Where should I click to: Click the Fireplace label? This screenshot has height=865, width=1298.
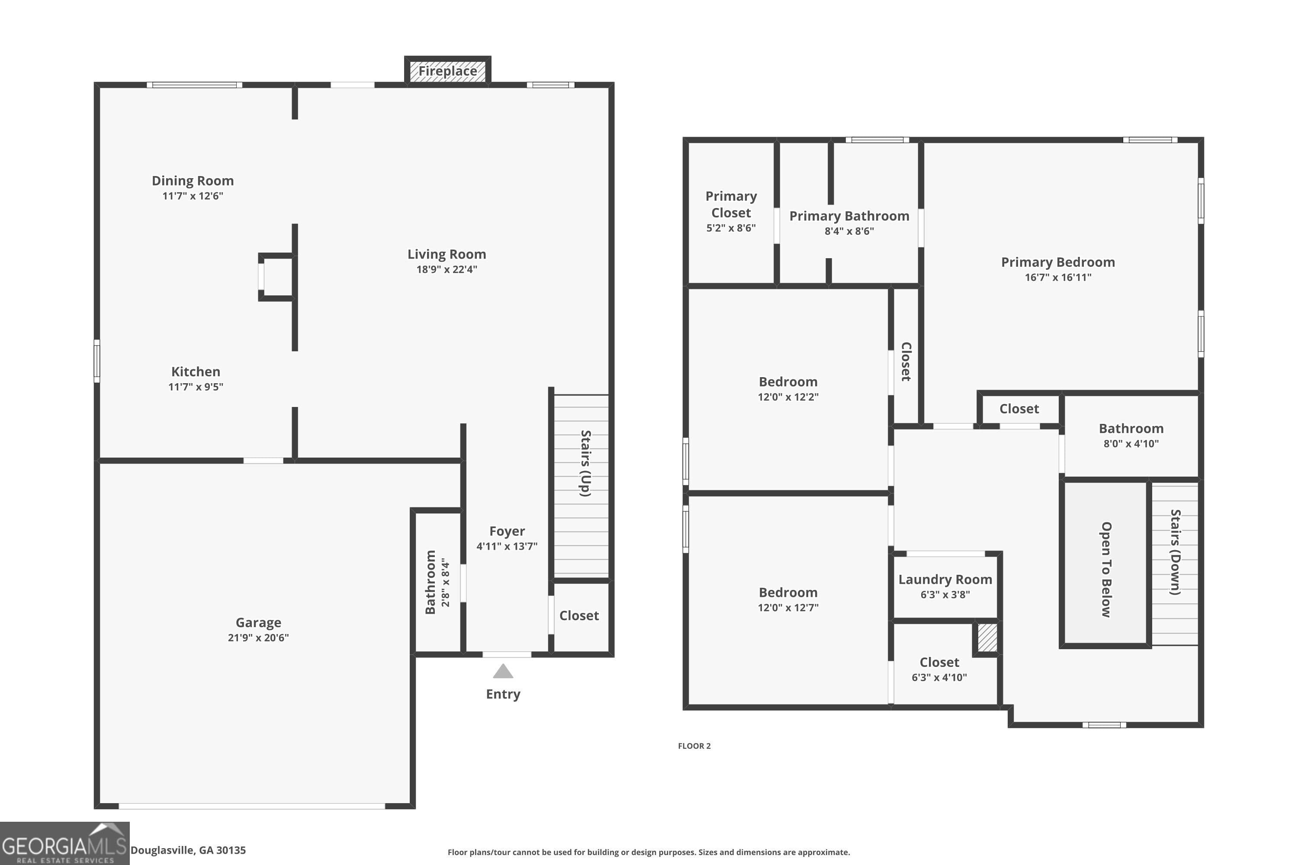[x=447, y=71]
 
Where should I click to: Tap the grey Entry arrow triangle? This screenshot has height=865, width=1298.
[x=503, y=671]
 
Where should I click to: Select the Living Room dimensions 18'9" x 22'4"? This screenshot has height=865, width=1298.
[x=447, y=269]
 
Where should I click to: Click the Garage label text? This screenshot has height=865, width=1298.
[x=258, y=622]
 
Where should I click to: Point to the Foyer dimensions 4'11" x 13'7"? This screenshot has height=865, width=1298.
[x=507, y=546]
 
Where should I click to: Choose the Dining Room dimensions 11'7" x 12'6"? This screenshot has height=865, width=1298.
[x=193, y=196]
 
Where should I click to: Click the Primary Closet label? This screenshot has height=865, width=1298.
[x=731, y=204]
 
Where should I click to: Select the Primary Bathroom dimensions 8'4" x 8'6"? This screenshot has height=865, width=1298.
[x=849, y=231]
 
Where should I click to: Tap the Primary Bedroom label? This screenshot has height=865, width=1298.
[x=1058, y=262]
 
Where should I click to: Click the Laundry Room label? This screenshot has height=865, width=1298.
[x=945, y=579]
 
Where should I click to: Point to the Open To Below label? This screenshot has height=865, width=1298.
[x=1106, y=569]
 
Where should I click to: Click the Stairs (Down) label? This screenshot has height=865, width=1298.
[x=1176, y=552]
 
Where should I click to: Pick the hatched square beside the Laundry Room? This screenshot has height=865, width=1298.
[x=987, y=638]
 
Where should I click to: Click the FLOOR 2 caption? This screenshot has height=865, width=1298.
[x=694, y=746]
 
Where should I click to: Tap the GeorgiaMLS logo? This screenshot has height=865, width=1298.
[x=64, y=843]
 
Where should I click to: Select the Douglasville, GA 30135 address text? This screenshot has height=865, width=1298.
[x=188, y=850]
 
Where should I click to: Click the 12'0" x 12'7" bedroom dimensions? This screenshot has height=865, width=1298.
[x=787, y=607]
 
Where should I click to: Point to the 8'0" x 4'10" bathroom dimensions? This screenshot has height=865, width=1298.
[x=1131, y=444]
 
